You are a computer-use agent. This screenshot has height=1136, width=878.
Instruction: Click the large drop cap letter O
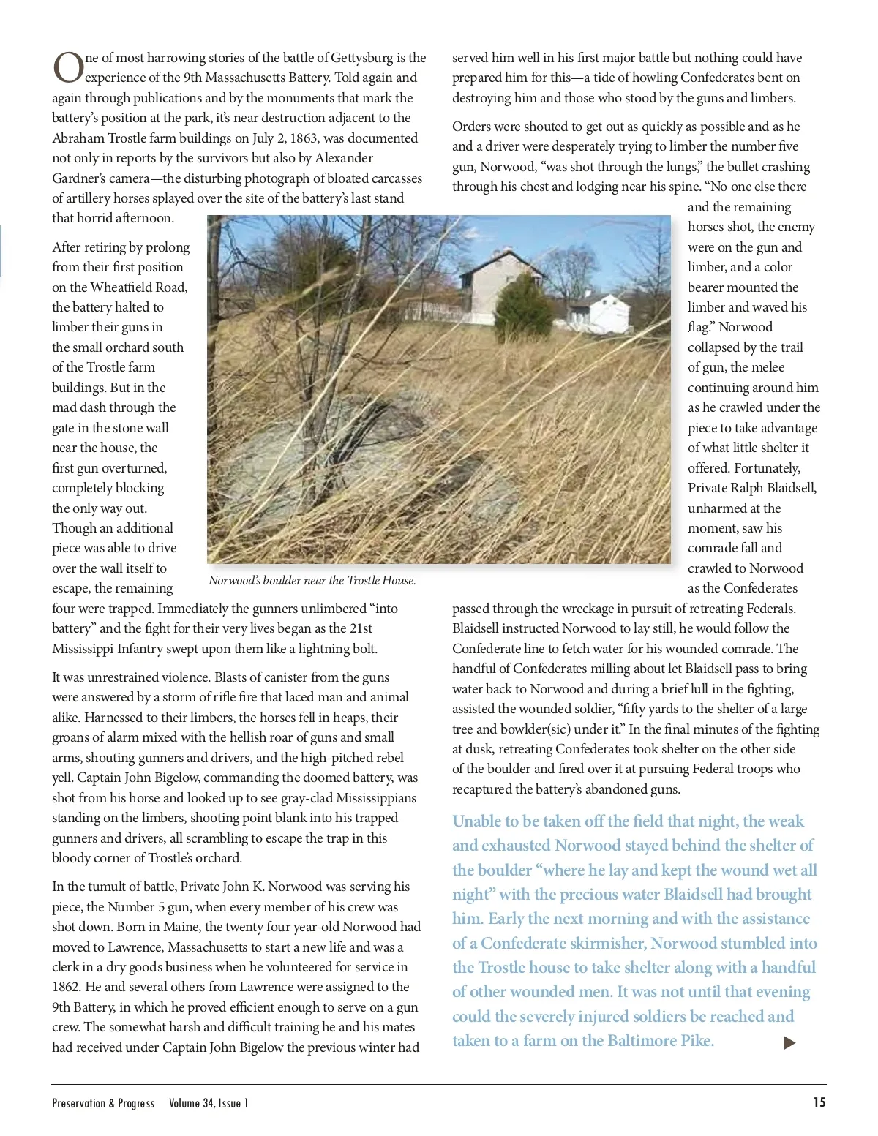click(x=68, y=67)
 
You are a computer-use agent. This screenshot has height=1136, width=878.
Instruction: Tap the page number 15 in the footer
click(x=819, y=1102)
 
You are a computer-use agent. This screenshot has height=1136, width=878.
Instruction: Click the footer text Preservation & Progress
click(x=103, y=1103)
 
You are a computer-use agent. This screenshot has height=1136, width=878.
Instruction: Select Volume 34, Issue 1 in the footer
click(x=209, y=1103)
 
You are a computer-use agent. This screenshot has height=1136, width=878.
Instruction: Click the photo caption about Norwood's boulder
click(x=312, y=581)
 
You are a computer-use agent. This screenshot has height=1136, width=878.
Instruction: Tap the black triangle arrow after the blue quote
click(x=789, y=1042)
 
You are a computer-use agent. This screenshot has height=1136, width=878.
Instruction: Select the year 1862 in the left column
click(x=67, y=987)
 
